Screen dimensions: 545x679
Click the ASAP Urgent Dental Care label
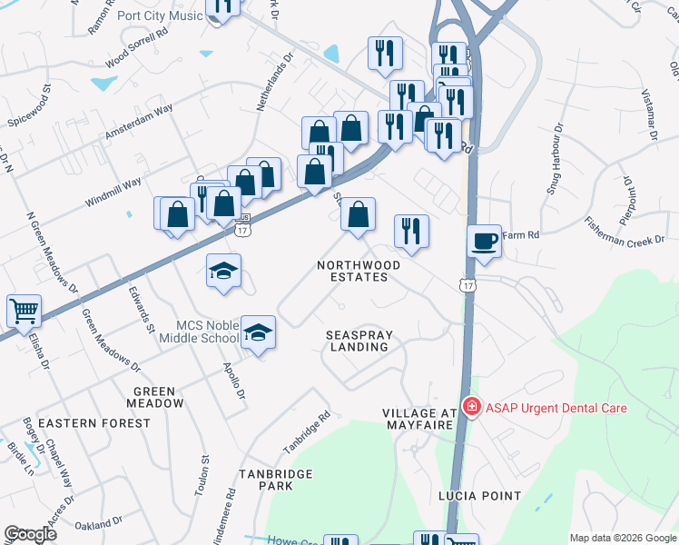[x=556, y=408]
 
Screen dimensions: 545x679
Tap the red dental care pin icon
[x=471, y=407]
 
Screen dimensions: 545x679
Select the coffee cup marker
[x=484, y=243]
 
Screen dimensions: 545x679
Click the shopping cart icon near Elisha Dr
[x=24, y=311]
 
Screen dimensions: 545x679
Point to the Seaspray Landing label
[x=359, y=342]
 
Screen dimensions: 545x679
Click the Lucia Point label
[x=479, y=496]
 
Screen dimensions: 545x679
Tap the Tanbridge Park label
[x=276, y=480]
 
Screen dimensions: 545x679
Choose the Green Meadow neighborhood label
[x=155, y=396]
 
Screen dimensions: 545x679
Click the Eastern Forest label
[x=95, y=423]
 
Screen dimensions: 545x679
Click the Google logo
[x=31, y=534]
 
